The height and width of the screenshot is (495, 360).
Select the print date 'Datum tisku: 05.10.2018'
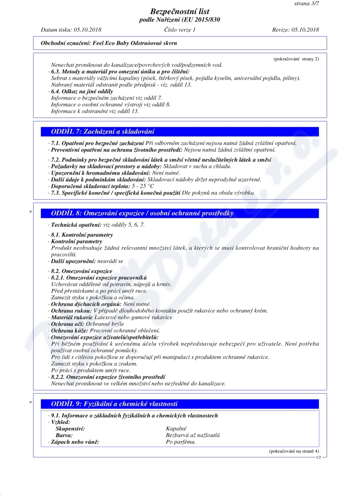[x=71, y=30]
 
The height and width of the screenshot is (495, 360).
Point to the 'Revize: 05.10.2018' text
[x=295, y=30]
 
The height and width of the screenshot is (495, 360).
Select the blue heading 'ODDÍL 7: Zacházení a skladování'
[x=103, y=132]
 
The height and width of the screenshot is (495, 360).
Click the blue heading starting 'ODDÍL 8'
[x=142, y=213]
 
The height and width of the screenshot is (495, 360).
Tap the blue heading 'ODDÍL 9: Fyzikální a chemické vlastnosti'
[x=115, y=404]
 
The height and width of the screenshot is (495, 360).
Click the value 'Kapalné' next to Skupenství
[x=176, y=429]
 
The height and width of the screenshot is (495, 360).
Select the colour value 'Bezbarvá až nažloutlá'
[x=193, y=435]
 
